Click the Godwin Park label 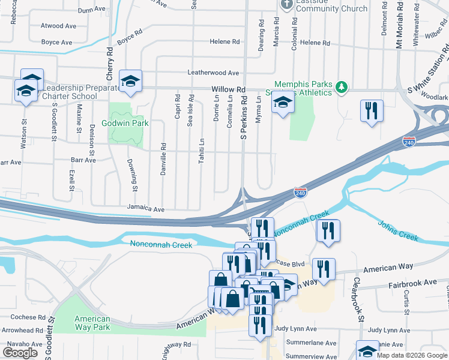click(x=128, y=123)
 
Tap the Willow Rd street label click(x=229, y=89)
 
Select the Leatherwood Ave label click(x=213, y=73)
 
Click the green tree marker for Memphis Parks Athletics click(x=342, y=88)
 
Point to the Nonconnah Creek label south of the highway click(x=161, y=245)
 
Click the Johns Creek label click(x=397, y=231)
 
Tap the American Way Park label click(x=92, y=323)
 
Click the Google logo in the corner click(x=20, y=353)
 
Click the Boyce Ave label click(x=56, y=43)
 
